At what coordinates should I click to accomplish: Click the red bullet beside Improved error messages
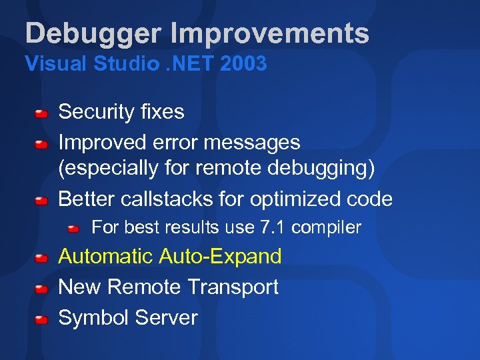click(x=41, y=143)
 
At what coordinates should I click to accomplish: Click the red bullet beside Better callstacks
click(x=41, y=200)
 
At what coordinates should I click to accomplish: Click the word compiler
click(x=326, y=228)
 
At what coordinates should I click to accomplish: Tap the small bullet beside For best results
click(x=74, y=229)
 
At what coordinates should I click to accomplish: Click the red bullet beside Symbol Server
click(x=41, y=319)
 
